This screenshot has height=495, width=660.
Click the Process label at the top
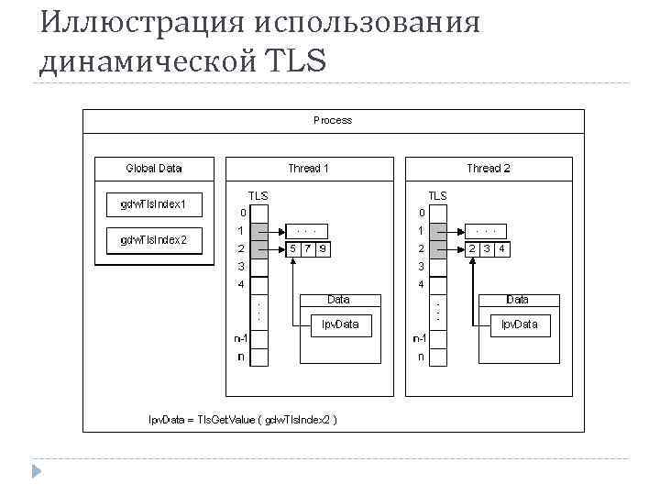coord(332,120)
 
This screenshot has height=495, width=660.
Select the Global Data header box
coord(153,168)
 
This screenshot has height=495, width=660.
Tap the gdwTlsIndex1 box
coord(153,203)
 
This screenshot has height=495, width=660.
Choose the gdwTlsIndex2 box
coord(153,240)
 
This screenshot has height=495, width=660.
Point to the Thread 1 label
coord(308,168)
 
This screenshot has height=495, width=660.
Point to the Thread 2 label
coord(488,168)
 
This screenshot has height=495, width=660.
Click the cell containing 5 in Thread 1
coord(292,248)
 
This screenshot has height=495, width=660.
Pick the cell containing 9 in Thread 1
coord(324,248)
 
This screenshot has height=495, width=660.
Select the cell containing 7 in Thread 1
coord(308,248)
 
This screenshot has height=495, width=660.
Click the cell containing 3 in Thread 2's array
coord(488,248)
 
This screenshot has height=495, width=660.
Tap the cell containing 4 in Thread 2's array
coord(503,248)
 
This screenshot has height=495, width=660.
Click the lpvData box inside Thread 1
coord(340,324)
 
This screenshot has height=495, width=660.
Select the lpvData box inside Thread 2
coord(519,324)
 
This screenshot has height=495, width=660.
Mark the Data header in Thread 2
coord(517,300)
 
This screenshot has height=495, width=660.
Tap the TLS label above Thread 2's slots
coord(437,195)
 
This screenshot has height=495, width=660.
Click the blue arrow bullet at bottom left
coord(36,472)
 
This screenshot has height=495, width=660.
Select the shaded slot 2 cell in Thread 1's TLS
coord(259,248)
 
